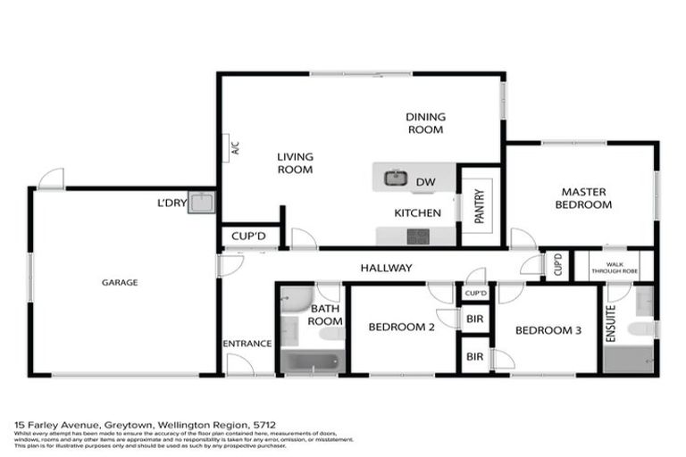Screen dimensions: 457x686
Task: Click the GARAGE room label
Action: (119, 282)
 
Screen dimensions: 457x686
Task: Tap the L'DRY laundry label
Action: (171, 203)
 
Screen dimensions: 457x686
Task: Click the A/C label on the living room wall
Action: (235, 149)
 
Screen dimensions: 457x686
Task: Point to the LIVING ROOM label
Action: (295, 162)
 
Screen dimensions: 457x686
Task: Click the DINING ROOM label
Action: (425, 122)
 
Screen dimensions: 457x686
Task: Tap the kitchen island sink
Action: (396, 179)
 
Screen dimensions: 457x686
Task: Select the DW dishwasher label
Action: (425, 182)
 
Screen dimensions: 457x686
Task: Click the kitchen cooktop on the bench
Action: (417, 237)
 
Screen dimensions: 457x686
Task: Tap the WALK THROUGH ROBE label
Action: (615, 265)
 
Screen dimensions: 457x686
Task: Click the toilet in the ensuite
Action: (640, 329)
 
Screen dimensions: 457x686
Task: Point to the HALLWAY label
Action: (386, 268)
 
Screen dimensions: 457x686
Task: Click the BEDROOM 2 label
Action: (401, 327)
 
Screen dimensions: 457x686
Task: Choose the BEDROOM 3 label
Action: (548, 330)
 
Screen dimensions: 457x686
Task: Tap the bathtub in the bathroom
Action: (310, 361)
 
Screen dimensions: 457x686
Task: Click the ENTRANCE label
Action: (247, 344)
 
